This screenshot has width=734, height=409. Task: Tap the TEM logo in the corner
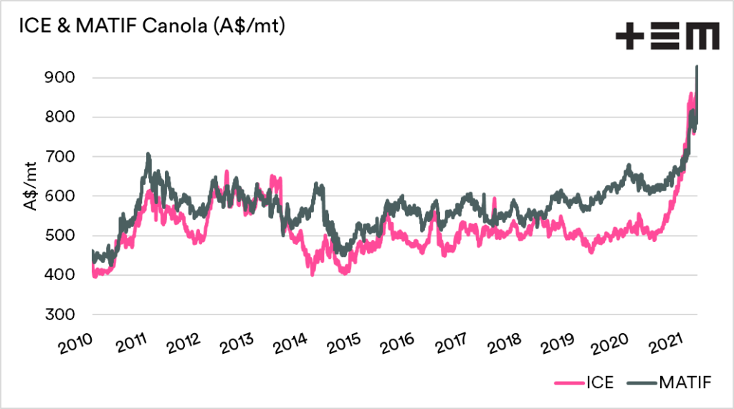667,37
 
